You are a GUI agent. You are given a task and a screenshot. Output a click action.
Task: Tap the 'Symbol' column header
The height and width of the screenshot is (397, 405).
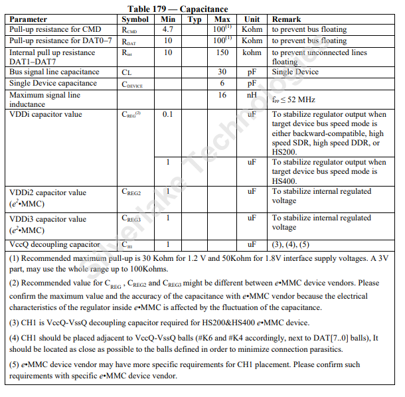tap(135, 19)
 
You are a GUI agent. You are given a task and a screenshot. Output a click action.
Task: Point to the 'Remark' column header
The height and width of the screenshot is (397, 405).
tap(286, 19)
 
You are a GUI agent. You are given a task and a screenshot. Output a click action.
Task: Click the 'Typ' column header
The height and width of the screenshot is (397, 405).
tap(195, 19)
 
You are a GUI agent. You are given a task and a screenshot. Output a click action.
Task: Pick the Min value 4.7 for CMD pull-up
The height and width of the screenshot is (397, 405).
tap(168, 30)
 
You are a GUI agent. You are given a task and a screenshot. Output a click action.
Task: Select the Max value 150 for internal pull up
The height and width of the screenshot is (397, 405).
tap(222, 52)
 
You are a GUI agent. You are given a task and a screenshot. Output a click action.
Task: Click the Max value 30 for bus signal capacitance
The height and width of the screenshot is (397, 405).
tap(222, 72)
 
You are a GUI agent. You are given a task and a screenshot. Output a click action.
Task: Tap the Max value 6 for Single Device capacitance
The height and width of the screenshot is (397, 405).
tap(222, 84)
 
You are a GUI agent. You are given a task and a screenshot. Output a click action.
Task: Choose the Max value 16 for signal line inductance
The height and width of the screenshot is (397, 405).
tap(222, 95)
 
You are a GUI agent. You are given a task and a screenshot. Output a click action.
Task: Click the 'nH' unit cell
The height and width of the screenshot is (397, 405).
tap(252, 95)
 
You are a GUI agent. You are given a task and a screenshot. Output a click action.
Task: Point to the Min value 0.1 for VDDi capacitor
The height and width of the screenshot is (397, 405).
tap(168, 114)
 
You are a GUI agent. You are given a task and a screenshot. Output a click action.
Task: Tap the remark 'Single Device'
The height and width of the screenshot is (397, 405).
tap(295, 72)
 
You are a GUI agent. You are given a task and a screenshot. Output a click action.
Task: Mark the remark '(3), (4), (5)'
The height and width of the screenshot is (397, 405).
tap(291, 244)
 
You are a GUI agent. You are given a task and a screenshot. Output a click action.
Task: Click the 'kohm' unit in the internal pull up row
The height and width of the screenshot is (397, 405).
tap(252, 52)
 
